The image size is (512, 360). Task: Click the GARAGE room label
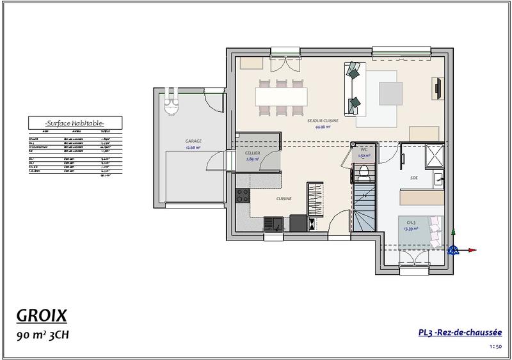pos(193,140)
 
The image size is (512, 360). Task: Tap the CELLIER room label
pos(252,153)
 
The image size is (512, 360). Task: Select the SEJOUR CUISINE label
pos(323,120)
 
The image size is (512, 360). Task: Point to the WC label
pos(363,149)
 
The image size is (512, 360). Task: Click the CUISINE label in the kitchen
pos(284,199)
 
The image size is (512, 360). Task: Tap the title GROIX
pos(40,316)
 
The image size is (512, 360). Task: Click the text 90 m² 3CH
pos(41,334)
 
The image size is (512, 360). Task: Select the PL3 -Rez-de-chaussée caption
pos(460,333)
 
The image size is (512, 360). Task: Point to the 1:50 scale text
pos(495,347)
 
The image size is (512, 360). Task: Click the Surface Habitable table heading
pos(75,123)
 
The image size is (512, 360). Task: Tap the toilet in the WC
pos(363,171)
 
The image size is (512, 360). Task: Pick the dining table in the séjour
pos(281,96)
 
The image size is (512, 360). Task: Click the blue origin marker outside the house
pos(454,249)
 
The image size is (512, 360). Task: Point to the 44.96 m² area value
pos(322,127)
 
